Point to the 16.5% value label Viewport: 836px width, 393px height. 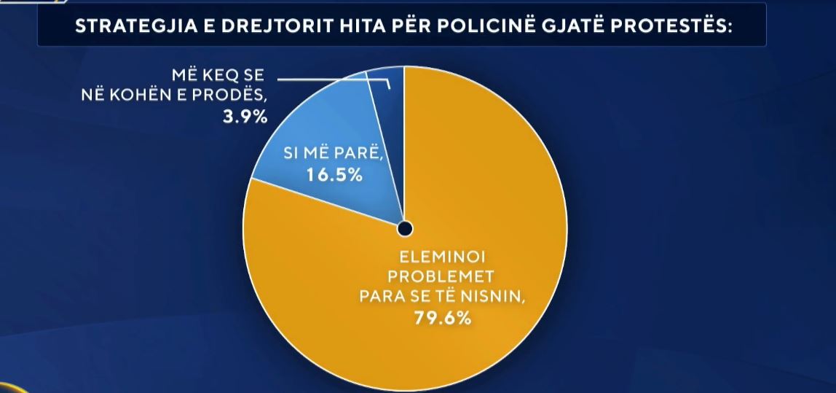pos(333,175)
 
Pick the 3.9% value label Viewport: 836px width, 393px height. pos(245,116)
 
